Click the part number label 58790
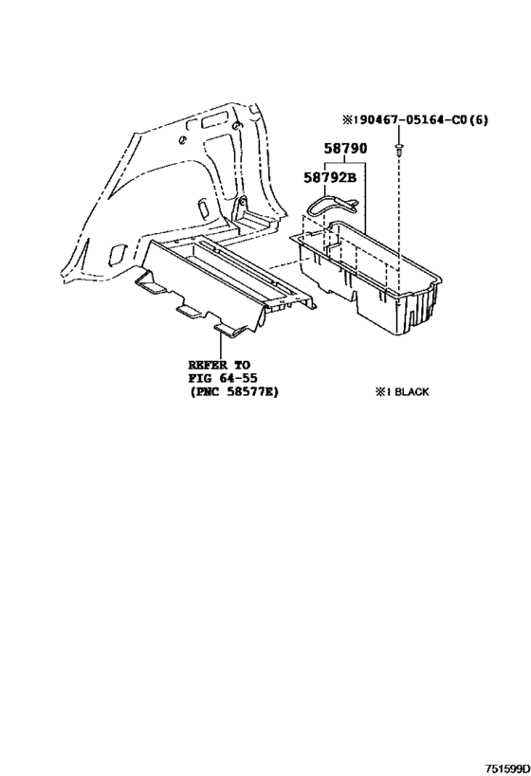pyautogui.click(x=346, y=149)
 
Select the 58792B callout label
pyautogui.click(x=330, y=177)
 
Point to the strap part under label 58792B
pyautogui.click(x=335, y=204)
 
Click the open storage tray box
pyautogui.click(x=369, y=277)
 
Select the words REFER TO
pyautogui.click(x=219, y=365)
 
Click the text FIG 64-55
pyautogui.click(x=223, y=379)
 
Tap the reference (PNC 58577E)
pyautogui.click(x=233, y=392)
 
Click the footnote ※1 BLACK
pyautogui.click(x=402, y=392)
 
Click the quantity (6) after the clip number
pyautogui.click(x=478, y=119)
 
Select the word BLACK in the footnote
pyautogui.click(x=412, y=392)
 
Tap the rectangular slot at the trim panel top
pyautogui.click(x=214, y=119)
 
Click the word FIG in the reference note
pyautogui.click(x=198, y=379)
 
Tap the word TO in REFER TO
pyautogui.click(x=241, y=365)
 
